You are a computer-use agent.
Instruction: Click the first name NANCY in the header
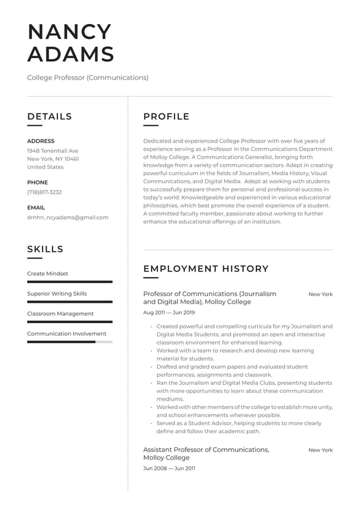click(69, 32)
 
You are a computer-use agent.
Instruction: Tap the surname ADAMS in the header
click(71, 54)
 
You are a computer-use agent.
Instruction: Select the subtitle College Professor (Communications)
click(88, 78)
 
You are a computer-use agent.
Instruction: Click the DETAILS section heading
click(49, 117)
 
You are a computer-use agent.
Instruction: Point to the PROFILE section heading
click(166, 117)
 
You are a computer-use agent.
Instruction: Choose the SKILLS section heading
click(45, 249)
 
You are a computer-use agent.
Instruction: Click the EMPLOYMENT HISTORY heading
click(206, 269)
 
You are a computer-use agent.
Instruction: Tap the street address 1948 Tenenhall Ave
click(52, 151)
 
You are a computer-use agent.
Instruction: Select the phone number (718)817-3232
click(44, 192)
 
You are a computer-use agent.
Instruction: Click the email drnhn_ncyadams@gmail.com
click(68, 217)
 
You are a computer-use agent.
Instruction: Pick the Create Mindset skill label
click(47, 273)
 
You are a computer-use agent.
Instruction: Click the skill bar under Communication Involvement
click(70, 342)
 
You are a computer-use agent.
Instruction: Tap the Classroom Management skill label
click(60, 313)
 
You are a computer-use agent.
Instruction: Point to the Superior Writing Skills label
click(57, 294)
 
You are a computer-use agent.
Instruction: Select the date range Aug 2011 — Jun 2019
click(168, 313)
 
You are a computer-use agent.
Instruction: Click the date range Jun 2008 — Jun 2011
click(169, 468)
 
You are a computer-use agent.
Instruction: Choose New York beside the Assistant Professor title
click(321, 450)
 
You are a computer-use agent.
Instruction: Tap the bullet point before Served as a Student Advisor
click(151, 424)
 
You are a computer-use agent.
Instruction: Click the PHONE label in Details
click(37, 183)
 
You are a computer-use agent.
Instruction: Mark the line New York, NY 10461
click(53, 159)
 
